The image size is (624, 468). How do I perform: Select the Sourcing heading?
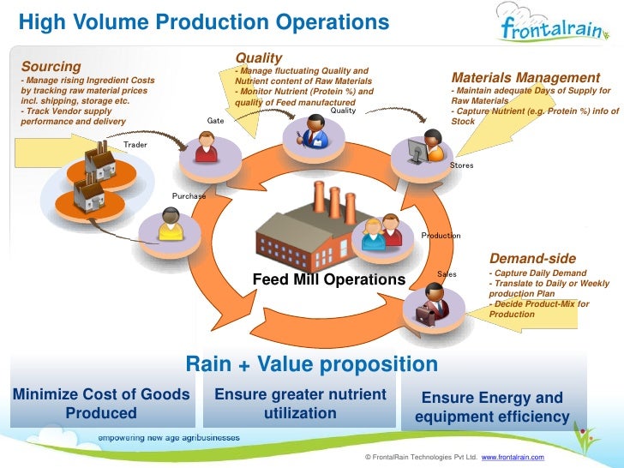[51, 66]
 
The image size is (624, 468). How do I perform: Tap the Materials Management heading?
[525, 78]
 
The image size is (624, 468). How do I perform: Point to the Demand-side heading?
[532, 259]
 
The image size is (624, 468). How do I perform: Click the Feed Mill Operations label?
[328, 279]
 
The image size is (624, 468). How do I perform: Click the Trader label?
[135, 145]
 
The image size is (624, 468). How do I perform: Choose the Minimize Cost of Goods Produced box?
[101, 404]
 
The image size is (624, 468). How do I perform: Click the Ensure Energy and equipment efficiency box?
[492, 407]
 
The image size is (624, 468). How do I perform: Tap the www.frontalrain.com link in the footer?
[513, 459]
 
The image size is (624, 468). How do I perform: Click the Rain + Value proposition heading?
[311, 364]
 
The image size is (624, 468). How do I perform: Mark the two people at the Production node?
[382, 232]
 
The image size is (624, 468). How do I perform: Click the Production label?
[441, 236]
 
